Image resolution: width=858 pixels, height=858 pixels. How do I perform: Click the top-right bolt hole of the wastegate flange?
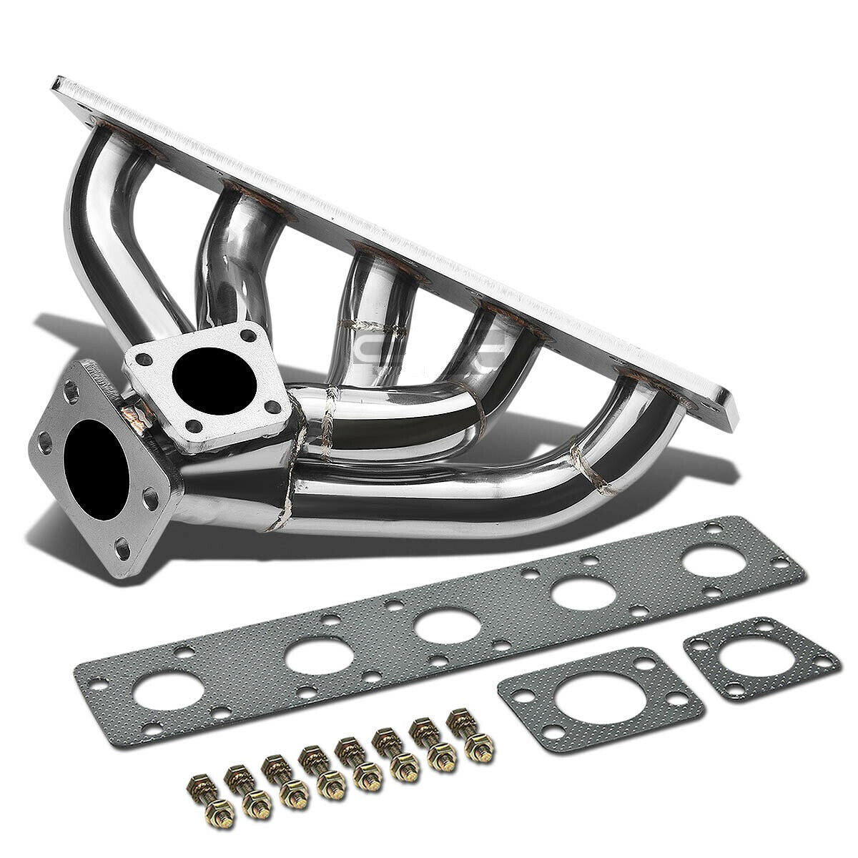coord(249,334)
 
